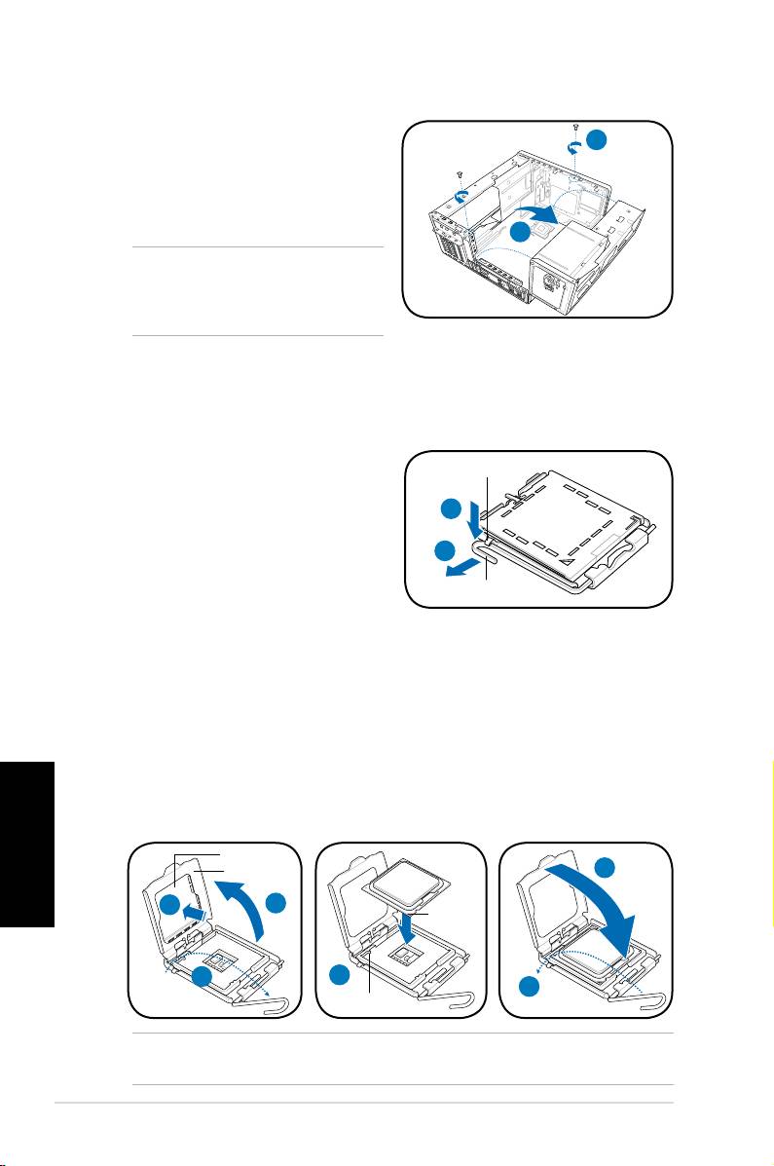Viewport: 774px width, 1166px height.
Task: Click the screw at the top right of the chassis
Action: coord(576,129)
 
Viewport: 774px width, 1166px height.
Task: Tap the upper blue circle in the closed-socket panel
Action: coord(450,508)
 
